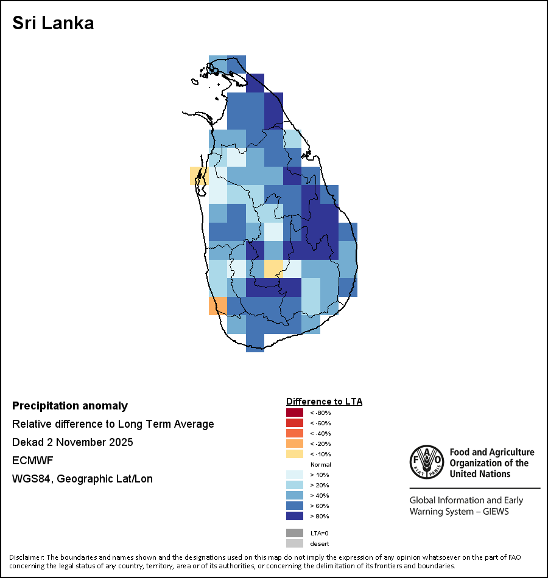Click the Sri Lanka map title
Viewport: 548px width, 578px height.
53,23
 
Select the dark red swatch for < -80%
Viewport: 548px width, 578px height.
294,413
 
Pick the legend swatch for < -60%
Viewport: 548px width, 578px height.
294,423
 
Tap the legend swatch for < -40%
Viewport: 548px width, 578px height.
294,433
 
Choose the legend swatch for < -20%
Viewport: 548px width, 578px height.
294,444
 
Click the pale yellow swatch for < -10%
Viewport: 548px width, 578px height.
294,454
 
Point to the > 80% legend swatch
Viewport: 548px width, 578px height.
294,516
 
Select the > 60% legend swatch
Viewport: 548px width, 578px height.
294,506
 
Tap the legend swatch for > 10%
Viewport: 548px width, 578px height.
294,475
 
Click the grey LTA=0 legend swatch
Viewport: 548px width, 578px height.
294,533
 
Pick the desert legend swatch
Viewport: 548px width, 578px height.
294,543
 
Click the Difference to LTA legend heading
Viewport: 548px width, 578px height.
324,402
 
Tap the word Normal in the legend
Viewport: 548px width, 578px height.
320,464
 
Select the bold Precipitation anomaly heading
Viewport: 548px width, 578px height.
70,406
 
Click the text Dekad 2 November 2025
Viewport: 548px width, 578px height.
72,442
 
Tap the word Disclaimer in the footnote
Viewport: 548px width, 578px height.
27,557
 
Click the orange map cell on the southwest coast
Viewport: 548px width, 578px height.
218,305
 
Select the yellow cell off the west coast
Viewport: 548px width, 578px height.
198,175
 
